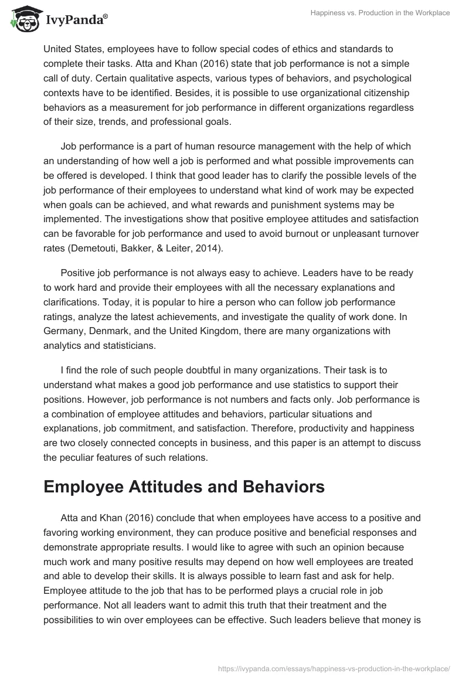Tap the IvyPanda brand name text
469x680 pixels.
[x=75, y=20]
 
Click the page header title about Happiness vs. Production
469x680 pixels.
[x=380, y=12]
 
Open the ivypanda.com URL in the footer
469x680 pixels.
[x=332, y=668]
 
